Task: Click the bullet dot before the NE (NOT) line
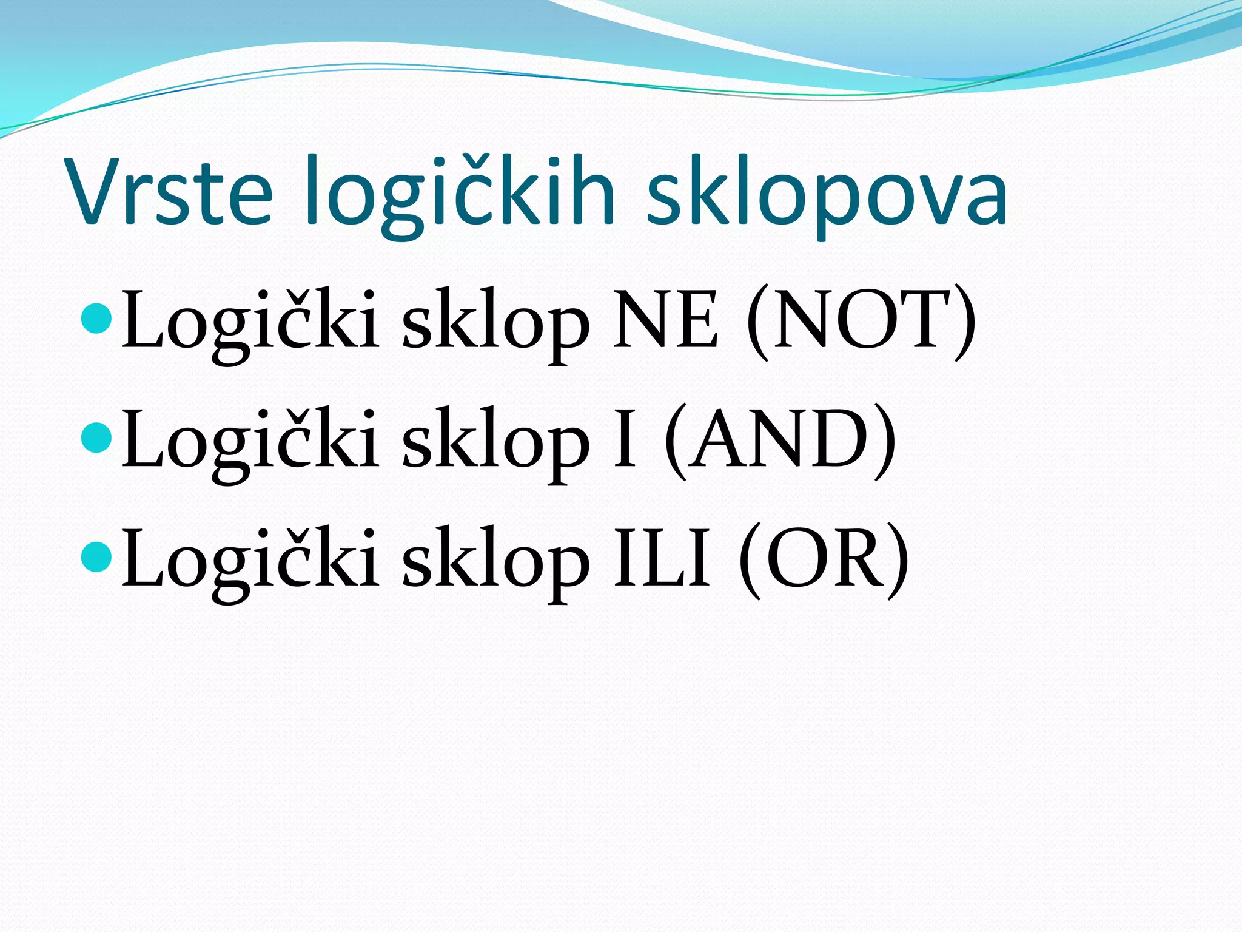coord(96,318)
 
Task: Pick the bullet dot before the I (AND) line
coord(96,437)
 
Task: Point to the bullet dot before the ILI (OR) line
coord(96,557)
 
